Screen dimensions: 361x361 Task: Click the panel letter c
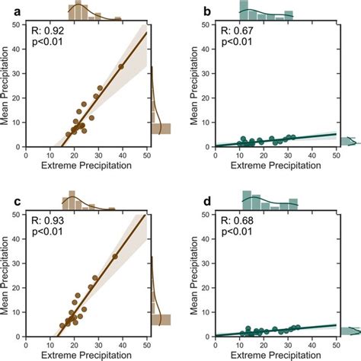(5, 200)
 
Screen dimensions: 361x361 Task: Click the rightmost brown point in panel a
(121, 66)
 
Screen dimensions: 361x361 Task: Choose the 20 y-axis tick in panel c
(18, 287)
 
